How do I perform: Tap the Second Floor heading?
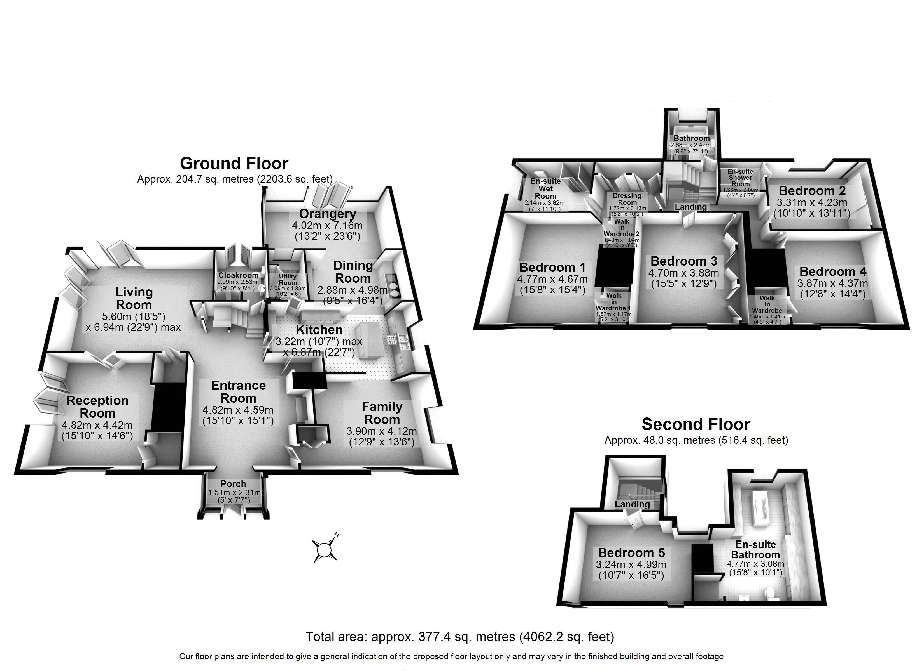coord(696,424)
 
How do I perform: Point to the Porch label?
coord(234,484)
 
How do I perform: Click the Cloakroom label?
coord(238,275)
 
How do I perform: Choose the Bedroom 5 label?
coord(631,552)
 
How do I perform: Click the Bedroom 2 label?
coord(812,191)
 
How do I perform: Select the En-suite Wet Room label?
coord(545,188)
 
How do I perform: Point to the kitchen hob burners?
coord(391,339)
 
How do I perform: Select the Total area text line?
coord(459,636)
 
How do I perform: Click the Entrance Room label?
coord(238,391)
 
